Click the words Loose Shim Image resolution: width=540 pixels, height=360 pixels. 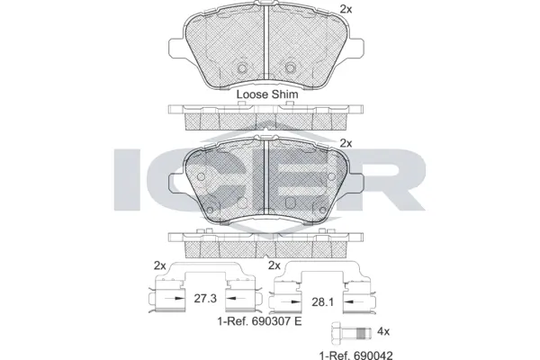(x=266, y=93)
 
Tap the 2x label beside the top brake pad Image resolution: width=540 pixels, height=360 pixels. (x=345, y=9)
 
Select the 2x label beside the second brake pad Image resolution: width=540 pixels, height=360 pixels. (x=345, y=143)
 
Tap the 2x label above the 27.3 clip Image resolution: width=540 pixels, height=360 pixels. (x=159, y=265)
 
